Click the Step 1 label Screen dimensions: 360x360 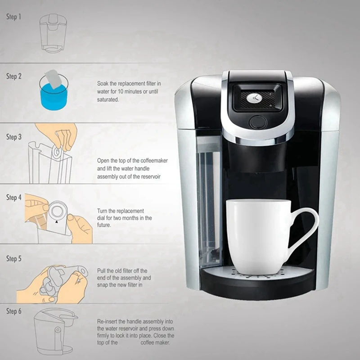tap(13, 17)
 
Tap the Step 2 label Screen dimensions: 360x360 tap(13, 76)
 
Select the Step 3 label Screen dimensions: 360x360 tap(13, 137)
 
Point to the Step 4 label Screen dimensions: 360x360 tap(13, 198)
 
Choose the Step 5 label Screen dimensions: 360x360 tap(13, 259)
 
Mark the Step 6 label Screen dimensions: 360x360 tap(13, 311)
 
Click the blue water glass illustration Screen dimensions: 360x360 tap(54, 94)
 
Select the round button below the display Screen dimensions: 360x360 tap(258, 122)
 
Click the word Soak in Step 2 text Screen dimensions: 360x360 tap(103, 84)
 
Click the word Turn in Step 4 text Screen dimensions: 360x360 tap(103, 211)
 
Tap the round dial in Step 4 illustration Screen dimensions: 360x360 tap(57, 211)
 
